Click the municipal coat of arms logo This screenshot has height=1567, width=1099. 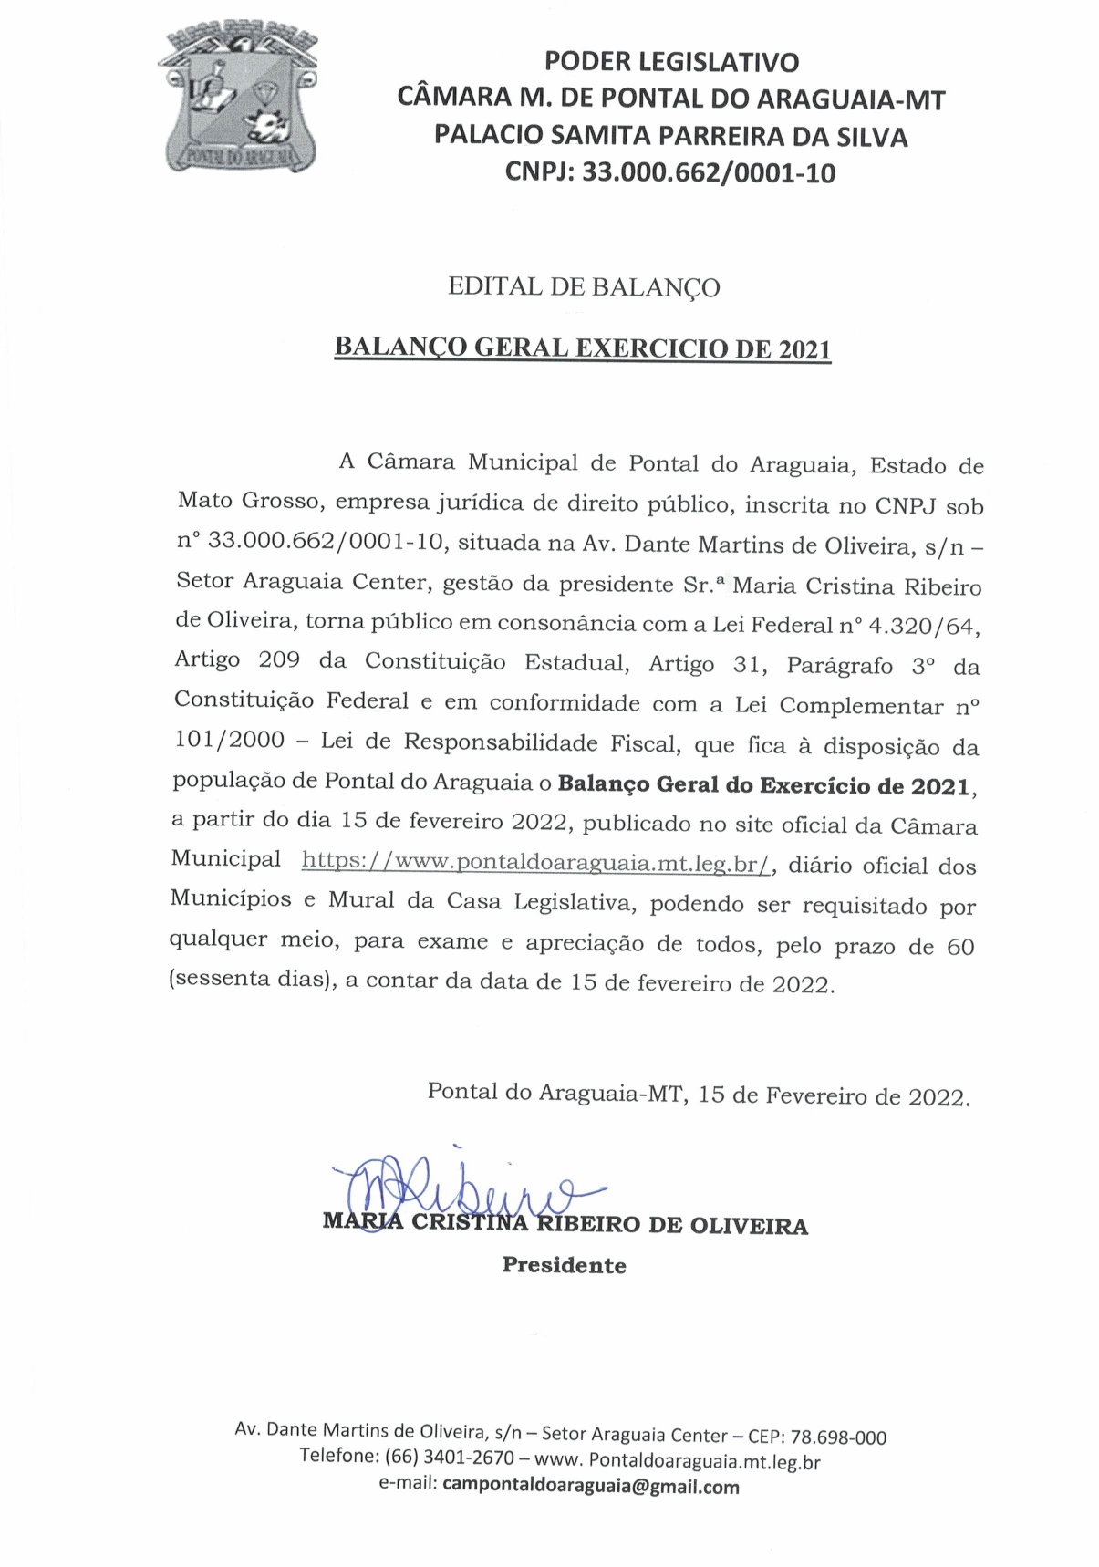[x=242, y=99]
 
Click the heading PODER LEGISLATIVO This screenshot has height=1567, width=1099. [x=671, y=62]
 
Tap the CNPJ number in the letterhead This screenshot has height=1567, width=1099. [x=709, y=172]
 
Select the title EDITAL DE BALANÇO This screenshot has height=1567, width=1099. [x=584, y=287]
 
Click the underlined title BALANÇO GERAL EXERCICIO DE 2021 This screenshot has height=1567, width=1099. [x=583, y=348]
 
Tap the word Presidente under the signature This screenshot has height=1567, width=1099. [x=564, y=1265]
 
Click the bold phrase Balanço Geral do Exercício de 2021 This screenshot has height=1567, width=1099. [x=765, y=785]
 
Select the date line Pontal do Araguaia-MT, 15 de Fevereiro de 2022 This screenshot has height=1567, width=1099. [x=699, y=1094]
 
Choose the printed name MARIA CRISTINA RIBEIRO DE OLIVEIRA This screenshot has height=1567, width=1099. [x=565, y=1225]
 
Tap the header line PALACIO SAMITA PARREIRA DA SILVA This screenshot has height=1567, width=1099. [x=671, y=136]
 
